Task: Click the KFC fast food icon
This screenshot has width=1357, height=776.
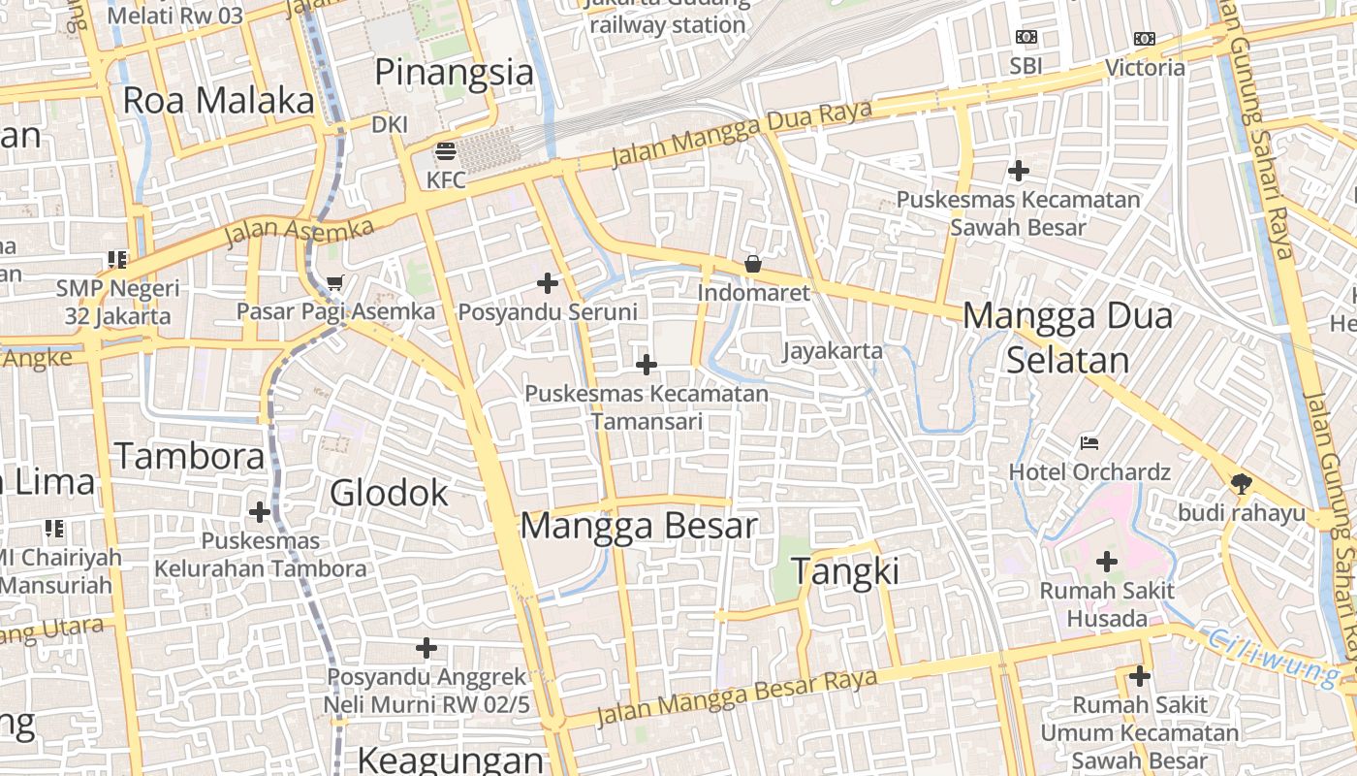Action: tap(446, 151)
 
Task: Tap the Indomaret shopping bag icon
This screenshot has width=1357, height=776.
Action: tap(752, 264)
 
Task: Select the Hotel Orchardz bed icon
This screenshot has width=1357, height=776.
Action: tap(1089, 443)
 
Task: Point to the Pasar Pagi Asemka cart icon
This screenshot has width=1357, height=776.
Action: tap(335, 283)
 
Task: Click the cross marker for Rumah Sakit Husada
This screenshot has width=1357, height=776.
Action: tap(1106, 562)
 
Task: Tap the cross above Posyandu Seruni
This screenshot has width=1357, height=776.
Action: tap(548, 283)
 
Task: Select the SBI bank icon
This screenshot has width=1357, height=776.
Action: tap(1026, 38)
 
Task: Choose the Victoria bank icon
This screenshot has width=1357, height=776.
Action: tap(1145, 40)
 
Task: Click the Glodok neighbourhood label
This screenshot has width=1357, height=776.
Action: tap(389, 493)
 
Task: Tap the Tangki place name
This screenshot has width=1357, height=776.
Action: tap(846, 571)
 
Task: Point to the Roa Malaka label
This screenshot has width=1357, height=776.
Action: tap(219, 101)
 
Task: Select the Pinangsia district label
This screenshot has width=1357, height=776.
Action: tap(454, 73)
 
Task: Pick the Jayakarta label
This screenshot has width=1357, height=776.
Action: tap(833, 351)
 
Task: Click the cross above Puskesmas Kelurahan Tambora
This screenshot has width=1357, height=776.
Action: tap(260, 511)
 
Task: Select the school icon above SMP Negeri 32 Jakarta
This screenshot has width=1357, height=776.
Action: tap(117, 260)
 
